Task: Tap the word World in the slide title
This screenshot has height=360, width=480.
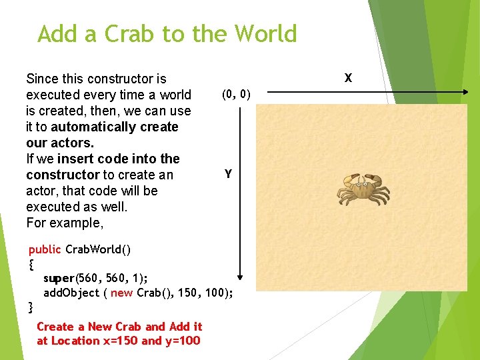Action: coord(261,33)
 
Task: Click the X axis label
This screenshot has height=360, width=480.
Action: coord(348,78)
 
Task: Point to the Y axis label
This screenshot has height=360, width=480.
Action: coord(228,174)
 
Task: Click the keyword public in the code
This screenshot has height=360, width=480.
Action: coord(45,249)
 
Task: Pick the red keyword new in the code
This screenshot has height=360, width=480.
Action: coord(121,293)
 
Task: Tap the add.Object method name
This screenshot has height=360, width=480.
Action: coord(71,293)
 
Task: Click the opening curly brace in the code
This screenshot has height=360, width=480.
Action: coord(31,264)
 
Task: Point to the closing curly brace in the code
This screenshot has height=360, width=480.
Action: coord(31,307)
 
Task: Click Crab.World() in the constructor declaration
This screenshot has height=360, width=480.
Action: coord(98,249)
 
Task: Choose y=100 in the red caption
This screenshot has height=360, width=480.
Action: coord(183,341)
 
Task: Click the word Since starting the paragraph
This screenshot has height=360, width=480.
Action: coord(41,79)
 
